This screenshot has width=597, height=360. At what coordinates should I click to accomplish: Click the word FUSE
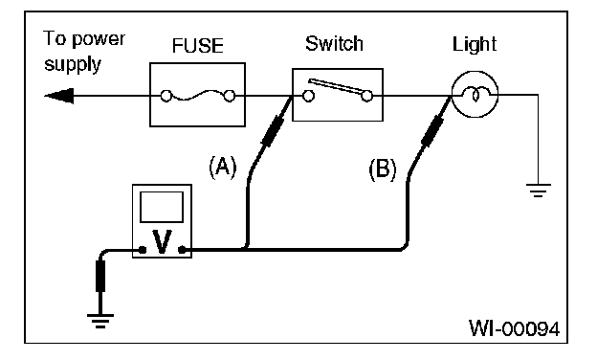tap(198, 45)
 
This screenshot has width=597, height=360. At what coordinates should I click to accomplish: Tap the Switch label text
tap(334, 43)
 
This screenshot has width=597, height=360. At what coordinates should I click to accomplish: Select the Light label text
tap(475, 45)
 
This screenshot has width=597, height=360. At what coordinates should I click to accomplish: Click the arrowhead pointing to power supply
tap(58, 96)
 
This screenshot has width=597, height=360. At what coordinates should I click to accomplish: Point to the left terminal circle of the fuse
tap(166, 96)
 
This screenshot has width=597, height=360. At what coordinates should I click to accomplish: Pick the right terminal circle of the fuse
tap(230, 96)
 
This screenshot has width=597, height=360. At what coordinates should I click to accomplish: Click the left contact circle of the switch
tap(308, 96)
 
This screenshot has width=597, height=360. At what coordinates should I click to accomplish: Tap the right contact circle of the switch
tap(367, 96)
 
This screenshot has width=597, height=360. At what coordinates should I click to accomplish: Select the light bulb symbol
tap(475, 95)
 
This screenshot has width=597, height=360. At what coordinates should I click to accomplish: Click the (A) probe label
tap(223, 167)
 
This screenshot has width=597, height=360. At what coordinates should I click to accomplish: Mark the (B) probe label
tap(383, 169)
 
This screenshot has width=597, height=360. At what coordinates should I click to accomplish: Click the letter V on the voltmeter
tap(163, 241)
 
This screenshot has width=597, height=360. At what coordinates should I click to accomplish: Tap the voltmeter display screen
tap(162, 207)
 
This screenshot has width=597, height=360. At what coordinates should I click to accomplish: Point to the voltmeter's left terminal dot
tap(143, 250)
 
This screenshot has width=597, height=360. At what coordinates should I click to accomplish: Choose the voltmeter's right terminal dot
tap(182, 250)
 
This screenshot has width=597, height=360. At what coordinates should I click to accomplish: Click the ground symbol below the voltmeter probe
tap(100, 321)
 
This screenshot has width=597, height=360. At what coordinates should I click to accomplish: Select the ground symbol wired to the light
tap(538, 191)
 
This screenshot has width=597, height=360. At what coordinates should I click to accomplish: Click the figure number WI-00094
tap(515, 328)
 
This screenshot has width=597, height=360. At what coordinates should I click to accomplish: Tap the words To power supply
tap(84, 52)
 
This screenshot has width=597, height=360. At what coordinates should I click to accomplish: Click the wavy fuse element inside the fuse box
tap(198, 95)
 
